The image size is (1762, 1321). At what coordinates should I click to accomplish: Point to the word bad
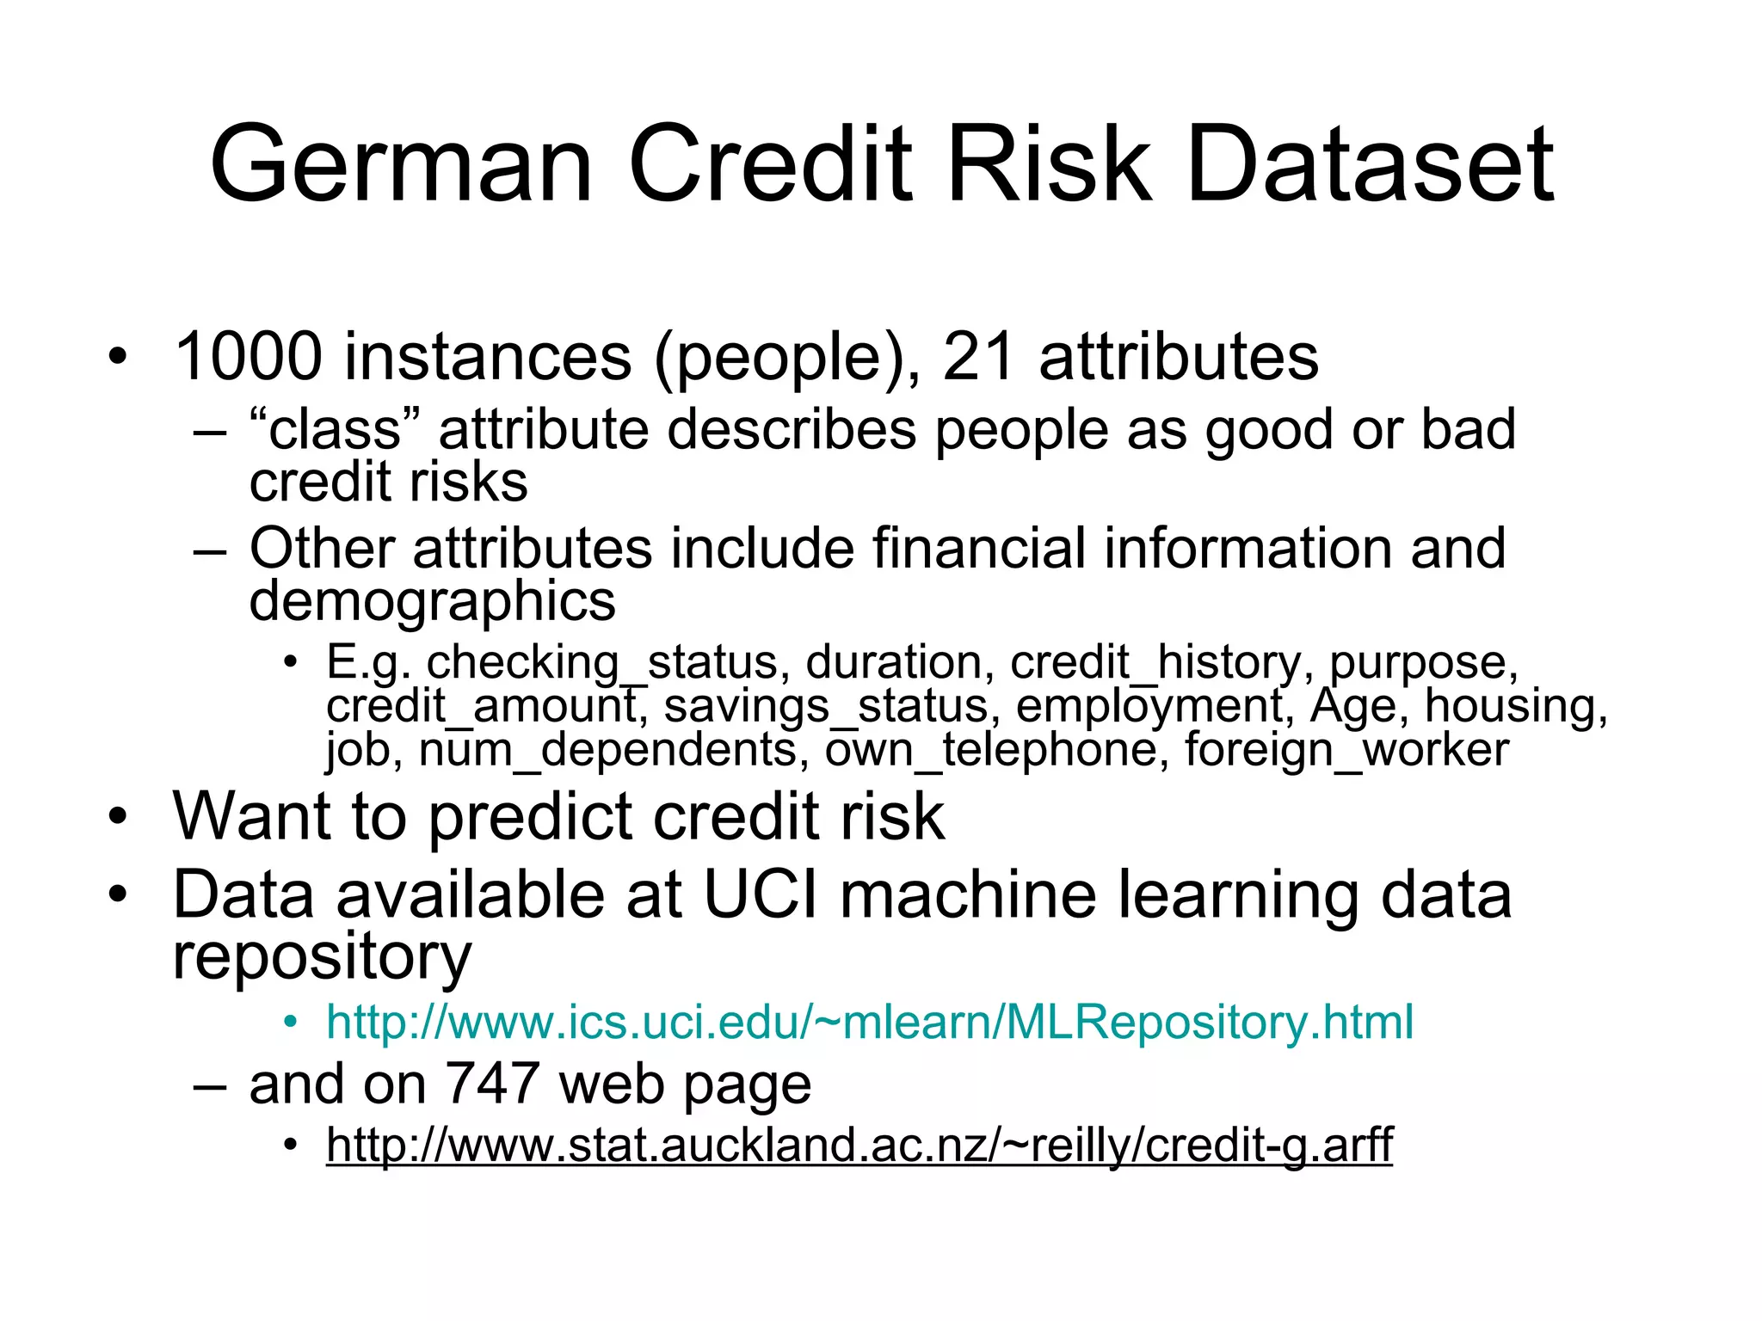coord(1468,430)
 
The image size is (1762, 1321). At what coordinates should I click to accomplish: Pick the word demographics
coord(432,600)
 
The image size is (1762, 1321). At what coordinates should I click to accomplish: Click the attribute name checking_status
coord(602,663)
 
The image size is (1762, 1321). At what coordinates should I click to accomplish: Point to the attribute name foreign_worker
coord(1346,750)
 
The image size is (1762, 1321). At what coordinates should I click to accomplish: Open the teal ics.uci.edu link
coord(869,1023)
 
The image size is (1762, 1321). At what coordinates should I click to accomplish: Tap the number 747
coord(492,1084)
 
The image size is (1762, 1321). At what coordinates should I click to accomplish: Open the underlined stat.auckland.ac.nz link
coord(859,1145)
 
